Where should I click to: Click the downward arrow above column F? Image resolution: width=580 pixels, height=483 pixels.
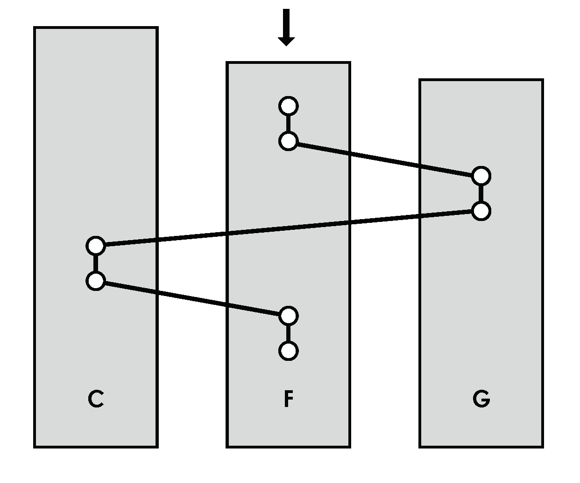tap(286, 27)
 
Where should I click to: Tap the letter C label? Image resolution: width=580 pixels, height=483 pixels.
tap(96, 399)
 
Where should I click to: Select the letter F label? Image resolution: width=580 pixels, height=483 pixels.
tap(289, 399)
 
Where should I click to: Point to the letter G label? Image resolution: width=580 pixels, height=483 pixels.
tap(481, 399)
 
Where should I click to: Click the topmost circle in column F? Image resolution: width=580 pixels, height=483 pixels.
tap(288, 106)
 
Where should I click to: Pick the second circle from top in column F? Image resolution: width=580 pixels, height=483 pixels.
tap(288, 141)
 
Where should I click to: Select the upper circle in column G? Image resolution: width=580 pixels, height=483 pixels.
tap(481, 176)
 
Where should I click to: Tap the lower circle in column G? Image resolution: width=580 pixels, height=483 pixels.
tap(481, 211)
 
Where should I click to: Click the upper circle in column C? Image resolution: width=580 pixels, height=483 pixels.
tap(96, 245)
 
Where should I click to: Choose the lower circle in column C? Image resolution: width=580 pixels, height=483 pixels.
tap(96, 281)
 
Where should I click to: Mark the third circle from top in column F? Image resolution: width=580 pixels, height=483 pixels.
tap(288, 316)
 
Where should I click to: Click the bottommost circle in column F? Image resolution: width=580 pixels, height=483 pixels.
tap(288, 351)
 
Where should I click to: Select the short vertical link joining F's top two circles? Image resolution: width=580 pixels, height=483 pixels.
tap(288, 124)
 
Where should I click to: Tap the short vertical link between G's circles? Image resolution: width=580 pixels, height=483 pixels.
tap(481, 193)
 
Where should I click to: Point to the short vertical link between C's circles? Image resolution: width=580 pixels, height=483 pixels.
tap(96, 263)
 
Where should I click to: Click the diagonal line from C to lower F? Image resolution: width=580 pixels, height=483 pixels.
tap(192, 298)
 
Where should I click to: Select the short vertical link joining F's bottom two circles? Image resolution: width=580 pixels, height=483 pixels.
tap(288, 334)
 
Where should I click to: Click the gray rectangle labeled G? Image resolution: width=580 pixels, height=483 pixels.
tap(481, 303)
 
